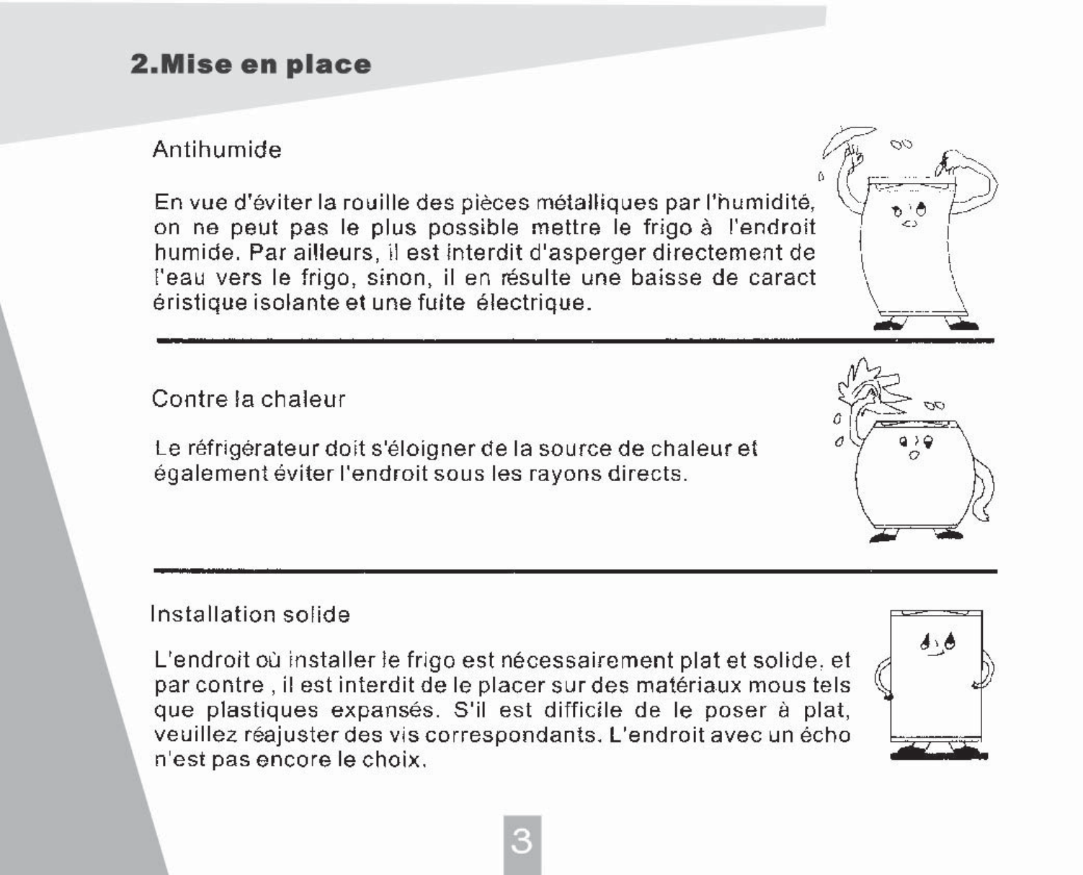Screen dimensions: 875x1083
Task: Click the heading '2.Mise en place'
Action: [251, 65]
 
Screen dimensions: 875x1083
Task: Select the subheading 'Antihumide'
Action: [217, 150]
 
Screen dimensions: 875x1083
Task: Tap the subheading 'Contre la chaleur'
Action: [249, 399]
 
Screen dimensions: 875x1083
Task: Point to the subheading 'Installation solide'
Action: [250, 614]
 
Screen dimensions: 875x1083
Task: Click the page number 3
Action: [522, 840]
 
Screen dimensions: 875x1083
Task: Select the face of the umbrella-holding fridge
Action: [909, 214]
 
